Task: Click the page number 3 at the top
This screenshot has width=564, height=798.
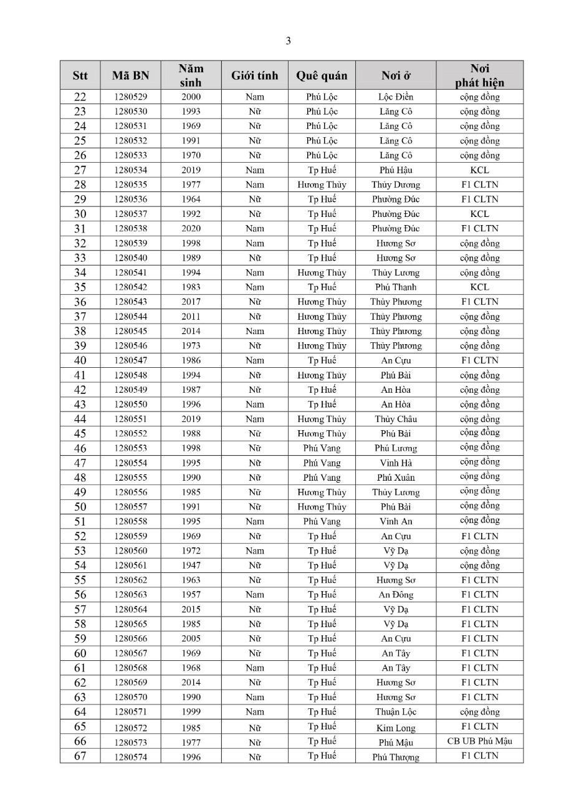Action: click(x=288, y=41)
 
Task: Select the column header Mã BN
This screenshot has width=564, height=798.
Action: click(x=130, y=76)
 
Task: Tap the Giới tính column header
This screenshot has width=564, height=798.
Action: click(x=254, y=76)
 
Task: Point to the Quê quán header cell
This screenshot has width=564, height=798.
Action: click(x=322, y=76)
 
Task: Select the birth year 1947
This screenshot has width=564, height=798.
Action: click(x=191, y=565)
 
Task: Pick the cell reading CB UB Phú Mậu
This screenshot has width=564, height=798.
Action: click(x=479, y=741)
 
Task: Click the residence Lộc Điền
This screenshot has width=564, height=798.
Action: click(x=396, y=97)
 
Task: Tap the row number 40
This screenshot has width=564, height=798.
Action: click(x=80, y=360)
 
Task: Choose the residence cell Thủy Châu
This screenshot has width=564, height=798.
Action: click(x=396, y=419)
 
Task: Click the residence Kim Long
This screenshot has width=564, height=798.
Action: click(x=396, y=728)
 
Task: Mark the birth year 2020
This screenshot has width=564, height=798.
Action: click(x=191, y=229)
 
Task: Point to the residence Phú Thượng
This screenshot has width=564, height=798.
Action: click(x=396, y=757)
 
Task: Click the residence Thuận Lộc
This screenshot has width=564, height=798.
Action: click(x=396, y=712)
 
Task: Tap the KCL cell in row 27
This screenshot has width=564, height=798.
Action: click(x=479, y=170)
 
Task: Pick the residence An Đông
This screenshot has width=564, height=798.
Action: click(x=396, y=595)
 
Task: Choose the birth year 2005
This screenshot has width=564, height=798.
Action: click(x=191, y=638)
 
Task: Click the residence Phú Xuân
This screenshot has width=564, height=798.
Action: click(x=396, y=478)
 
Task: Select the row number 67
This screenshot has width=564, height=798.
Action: click(x=80, y=756)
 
